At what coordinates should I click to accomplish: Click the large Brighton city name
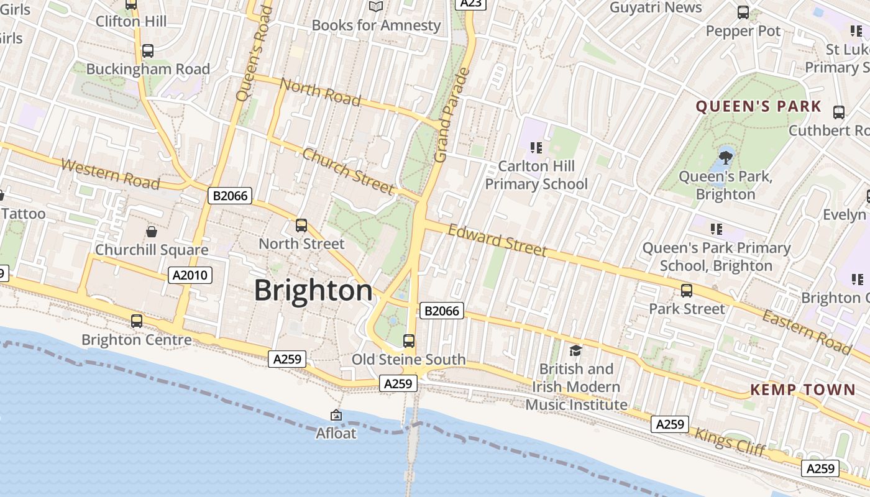pos(313,291)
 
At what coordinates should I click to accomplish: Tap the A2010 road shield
pos(190,275)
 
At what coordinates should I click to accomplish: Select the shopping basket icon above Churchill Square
pos(151,232)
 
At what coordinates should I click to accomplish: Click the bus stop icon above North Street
pos(301,226)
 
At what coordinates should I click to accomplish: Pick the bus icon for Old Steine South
pos(408,340)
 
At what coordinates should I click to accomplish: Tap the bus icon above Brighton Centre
pos(137,321)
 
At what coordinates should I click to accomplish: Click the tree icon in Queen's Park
pos(725,157)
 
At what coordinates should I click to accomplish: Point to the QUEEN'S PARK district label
pos(758,106)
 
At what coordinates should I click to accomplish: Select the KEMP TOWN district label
pos(802,390)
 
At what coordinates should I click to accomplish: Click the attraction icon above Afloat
pos(336,415)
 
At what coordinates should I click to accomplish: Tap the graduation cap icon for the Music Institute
pos(575,350)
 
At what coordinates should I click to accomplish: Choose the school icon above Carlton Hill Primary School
pos(536,148)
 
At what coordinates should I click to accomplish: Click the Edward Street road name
pos(497,240)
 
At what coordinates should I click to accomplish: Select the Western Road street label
pos(111,174)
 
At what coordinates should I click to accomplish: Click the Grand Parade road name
pos(451,116)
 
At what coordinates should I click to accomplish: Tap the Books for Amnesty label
pos(376,25)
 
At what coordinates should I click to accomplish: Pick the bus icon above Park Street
pos(686,291)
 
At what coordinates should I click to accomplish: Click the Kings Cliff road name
pos(730,442)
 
